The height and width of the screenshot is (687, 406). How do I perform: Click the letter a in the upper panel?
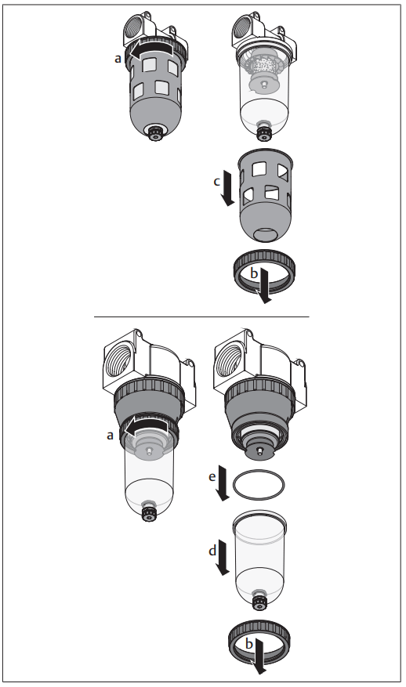coord(118,57)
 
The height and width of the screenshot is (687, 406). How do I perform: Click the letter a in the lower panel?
coord(111,434)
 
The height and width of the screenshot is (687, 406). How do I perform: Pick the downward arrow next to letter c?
coord(227,190)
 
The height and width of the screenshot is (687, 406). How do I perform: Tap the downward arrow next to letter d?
coord(223,560)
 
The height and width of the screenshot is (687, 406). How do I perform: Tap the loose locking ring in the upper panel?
coord(266,272)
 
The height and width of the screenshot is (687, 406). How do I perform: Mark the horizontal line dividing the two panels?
coord(201,316)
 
